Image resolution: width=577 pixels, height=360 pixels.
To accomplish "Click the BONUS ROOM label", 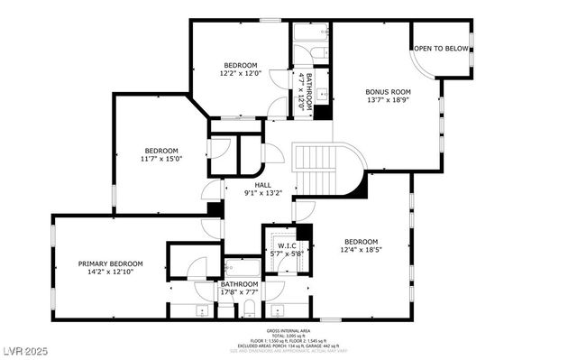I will click(388, 91).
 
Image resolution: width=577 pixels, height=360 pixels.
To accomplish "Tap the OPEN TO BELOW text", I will click(441, 49).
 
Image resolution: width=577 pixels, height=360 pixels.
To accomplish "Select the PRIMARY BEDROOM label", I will click(110, 263).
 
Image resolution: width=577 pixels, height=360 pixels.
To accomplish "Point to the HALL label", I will click(262, 185).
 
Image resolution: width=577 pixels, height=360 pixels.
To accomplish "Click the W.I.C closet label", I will click(287, 245).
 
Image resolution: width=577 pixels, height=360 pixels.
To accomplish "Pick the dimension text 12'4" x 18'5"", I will click(361, 250).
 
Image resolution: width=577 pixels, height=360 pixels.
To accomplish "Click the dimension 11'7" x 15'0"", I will click(161, 159).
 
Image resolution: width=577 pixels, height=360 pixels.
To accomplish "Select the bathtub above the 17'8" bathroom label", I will click(241, 268).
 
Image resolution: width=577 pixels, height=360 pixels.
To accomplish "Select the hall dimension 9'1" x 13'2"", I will click(262, 193).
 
